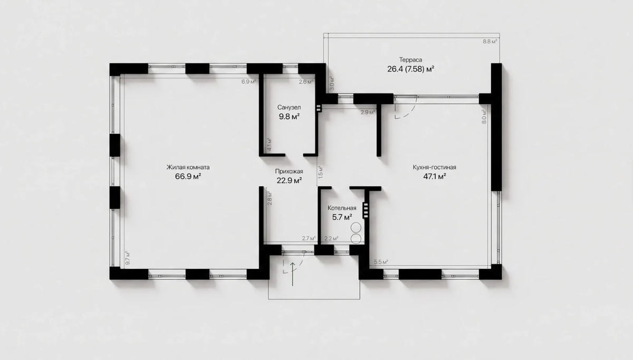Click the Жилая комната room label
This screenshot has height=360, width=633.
tap(188, 167)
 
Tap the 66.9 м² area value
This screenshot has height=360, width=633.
tap(188, 177)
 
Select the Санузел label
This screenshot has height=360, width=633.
tap(289, 108)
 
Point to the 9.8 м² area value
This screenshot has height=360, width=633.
tap(289, 116)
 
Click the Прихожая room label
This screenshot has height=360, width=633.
tap(289, 171)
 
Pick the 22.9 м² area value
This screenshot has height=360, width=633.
tap(289, 180)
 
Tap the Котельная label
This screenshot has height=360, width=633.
tap(342, 208)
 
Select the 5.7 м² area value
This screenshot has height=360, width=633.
tap(342, 217)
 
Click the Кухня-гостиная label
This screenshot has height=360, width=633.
tap(434, 167)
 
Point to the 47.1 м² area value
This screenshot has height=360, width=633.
tap(434, 177)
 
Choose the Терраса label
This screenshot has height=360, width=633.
tap(410, 60)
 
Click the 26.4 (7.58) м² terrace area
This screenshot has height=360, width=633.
tap(410, 69)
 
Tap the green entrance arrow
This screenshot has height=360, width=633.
tap(292, 274)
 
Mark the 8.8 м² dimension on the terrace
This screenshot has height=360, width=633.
tap(490, 42)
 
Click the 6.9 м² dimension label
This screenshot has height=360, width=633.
tap(248, 82)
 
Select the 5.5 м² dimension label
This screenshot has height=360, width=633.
tap(381, 262)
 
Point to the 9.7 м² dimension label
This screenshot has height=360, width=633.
tap(128, 258)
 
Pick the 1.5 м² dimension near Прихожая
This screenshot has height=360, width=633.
tap(321, 172)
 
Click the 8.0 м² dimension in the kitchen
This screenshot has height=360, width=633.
tap(484, 116)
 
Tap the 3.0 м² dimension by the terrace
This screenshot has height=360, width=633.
tap(332, 84)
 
